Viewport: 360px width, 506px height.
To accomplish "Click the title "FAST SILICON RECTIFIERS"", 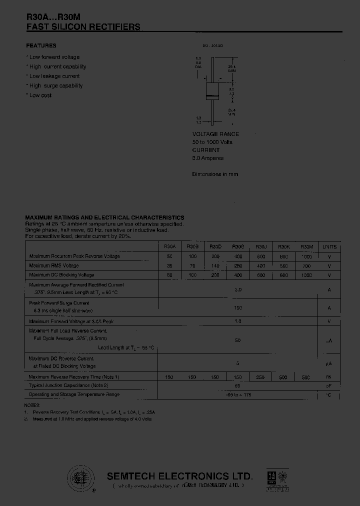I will coord(83,27).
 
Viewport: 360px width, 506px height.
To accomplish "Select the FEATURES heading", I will coord(41,45).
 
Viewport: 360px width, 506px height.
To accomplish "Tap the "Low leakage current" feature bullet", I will coord(54,76).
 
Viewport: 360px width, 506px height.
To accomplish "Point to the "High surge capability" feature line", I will coord(55,85).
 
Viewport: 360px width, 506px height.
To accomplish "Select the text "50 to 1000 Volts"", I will coord(212,142).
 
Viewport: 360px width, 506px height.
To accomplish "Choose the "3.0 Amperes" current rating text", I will coord(208,158).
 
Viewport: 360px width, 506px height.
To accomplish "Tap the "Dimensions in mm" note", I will coord(215,174).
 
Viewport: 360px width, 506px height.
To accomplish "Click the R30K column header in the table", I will coord(284,246).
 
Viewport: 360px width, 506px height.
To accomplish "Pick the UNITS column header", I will coord(329,246).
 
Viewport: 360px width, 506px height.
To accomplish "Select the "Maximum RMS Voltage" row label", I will coord(54,265).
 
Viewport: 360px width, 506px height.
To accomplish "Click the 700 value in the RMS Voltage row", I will coord(306,266).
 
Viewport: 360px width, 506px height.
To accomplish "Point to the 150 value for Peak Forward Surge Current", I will coord(238,308).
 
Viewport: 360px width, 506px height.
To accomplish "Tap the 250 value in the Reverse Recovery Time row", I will coord(261,377).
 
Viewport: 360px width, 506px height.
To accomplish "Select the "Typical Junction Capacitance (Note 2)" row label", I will coord(68,385).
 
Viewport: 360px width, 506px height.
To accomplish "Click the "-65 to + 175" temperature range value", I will coord(238,395).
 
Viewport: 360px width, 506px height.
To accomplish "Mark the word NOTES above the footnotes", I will coord(31,405).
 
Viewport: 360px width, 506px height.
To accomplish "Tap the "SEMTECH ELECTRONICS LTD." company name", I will coord(180,476).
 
